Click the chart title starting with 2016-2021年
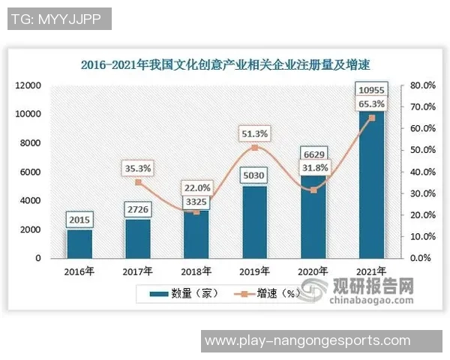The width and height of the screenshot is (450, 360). coord(226,64)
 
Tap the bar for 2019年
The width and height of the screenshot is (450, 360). coord(254,222)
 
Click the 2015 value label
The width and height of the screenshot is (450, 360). coord(79,220)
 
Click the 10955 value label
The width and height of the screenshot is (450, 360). coord(371,91)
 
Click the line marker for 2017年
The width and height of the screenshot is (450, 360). coord(138,182)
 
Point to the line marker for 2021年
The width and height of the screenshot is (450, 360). coord(371,118)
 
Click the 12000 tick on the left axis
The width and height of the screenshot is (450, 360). coord(28,85)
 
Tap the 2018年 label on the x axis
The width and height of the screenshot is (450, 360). coord(196,271)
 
